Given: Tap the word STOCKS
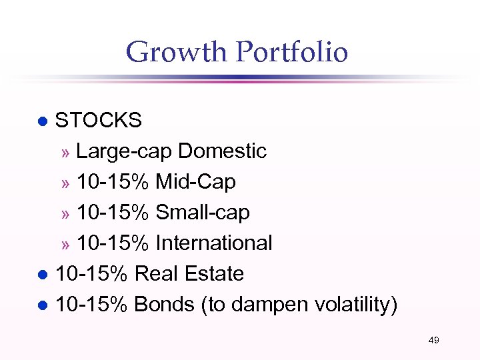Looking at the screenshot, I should pos(98,121).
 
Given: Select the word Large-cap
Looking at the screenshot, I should pos(125,151).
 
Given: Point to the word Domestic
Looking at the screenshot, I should pos(223,151).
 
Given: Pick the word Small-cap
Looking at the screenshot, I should pos(203,213).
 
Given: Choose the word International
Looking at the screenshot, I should pos(214,243).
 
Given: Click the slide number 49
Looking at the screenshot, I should pos(433,341).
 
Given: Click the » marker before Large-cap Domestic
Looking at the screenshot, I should pos(65,153).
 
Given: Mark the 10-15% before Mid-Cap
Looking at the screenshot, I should pos(113,182).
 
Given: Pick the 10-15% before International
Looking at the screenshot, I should pos(113,243).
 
